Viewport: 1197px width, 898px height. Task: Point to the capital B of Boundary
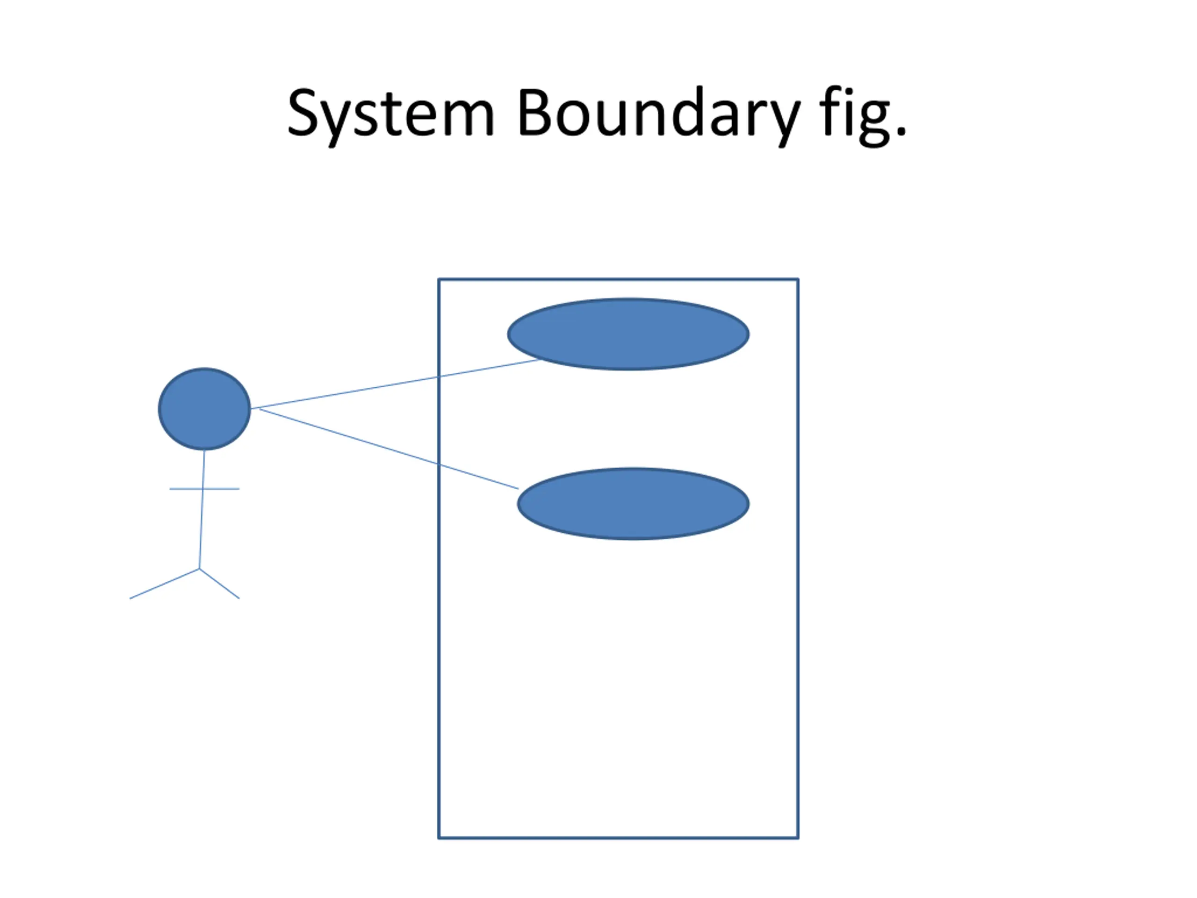pyautogui.click(x=534, y=113)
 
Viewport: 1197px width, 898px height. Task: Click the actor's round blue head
pyautogui.click(x=204, y=409)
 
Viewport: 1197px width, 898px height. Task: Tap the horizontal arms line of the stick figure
pyautogui.click(x=204, y=489)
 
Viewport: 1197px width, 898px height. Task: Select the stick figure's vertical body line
pyautogui.click(x=202, y=509)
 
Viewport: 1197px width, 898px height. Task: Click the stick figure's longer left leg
pyautogui.click(x=165, y=584)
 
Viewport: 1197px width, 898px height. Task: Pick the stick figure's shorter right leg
pyautogui.click(x=220, y=584)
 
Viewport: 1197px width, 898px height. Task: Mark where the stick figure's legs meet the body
pyautogui.click(x=200, y=569)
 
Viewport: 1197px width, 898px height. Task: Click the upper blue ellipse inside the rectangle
pyautogui.click(x=628, y=334)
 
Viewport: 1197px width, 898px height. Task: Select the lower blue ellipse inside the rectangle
pyautogui.click(x=633, y=503)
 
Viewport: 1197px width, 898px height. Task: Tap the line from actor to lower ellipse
pyautogui.click(x=389, y=449)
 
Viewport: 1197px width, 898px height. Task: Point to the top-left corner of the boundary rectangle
pyautogui.click(x=439, y=279)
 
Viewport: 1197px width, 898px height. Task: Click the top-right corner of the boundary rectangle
pyautogui.click(x=798, y=279)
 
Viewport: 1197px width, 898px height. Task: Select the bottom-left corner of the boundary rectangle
pyautogui.click(x=439, y=838)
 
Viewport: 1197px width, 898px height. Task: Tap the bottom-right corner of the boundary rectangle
pyautogui.click(x=798, y=838)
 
